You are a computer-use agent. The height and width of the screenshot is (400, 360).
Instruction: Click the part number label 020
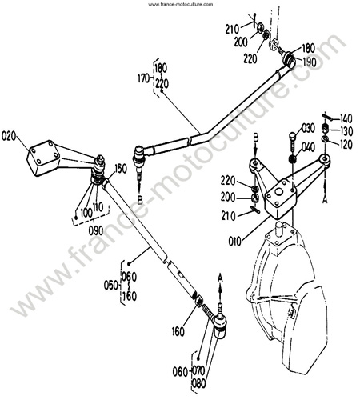pyautogui.click(x=9, y=136)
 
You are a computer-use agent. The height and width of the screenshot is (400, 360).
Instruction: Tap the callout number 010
pyautogui.click(x=234, y=242)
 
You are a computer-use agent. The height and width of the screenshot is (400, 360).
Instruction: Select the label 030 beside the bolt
pyautogui.click(x=308, y=128)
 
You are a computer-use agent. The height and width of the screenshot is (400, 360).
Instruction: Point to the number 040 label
pyautogui.click(x=308, y=147)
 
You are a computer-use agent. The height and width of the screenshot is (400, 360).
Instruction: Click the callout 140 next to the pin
pyautogui.click(x=346, y=118)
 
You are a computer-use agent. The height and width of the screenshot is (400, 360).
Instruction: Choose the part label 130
pyautogui.click(x=346, y=131)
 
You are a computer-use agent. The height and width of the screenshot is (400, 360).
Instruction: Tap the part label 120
pyautogui.click(x=346, y=144)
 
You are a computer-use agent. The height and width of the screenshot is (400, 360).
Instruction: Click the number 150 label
pyautogui.click(x=121, y=169)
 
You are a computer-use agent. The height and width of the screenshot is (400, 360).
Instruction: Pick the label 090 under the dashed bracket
pyautogui.click(x=96, y=230)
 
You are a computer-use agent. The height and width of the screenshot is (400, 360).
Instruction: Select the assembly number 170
pyautogui.click(x=144, y=78)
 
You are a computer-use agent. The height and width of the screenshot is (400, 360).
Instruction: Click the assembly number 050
pyautogui.click(x=111, y=285)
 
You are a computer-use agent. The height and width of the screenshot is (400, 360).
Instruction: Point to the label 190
pyautogui.click(x=310, y=62)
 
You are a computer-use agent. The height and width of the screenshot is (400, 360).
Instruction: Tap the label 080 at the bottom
pyautogui.click(x=199, y=383)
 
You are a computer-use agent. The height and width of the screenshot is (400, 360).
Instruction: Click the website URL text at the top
pyautogui.click(x=181, y=4)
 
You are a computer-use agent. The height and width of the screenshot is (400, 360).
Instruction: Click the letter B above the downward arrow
pyautogui.click(x=256, y=138)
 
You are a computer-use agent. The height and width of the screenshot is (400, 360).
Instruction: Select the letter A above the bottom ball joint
pyautogui.click(x=220, y=278)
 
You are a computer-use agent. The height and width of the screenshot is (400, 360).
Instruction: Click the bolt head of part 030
pyautogui.click(x=292, y=136)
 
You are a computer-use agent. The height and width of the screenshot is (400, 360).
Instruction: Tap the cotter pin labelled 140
pyautogui.click(x=327, y=117)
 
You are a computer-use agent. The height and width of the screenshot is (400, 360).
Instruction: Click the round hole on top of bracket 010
pyautogui.click(x=279, y=192)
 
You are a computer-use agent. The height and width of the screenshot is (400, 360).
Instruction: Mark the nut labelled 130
pyautogui.click(x=325, y=128)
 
